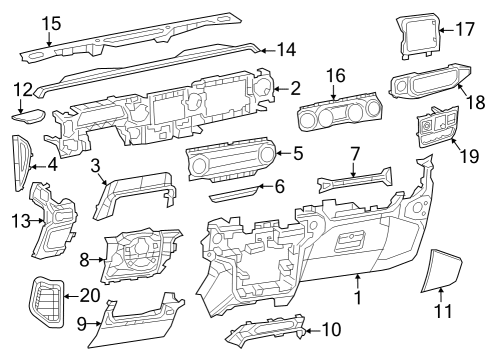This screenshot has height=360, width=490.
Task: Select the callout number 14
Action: pos(286,47)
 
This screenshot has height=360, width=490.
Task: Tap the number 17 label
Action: pos(464,30)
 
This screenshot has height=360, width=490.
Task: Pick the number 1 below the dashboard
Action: pos(358,298)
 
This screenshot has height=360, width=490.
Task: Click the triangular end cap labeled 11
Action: pos(440,270)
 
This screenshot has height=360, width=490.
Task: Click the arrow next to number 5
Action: pos(279,152)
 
